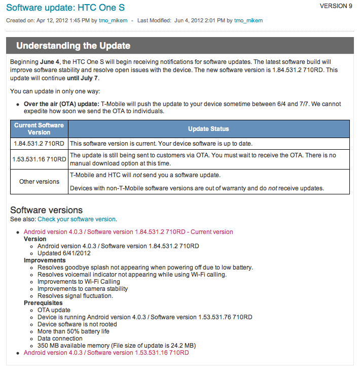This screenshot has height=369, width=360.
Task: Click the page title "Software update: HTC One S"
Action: tap(65, 8)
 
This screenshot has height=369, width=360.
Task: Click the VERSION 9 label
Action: tap(336, 6)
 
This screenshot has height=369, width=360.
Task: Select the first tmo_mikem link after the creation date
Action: tap(117, 21)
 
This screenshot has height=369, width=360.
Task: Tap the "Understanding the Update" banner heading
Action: tap(74, 46)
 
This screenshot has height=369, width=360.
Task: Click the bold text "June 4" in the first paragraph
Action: tap(50, 61)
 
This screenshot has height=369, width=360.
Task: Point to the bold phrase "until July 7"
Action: tap(83, 78)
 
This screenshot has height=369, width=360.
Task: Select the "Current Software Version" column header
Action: tap(39, 128)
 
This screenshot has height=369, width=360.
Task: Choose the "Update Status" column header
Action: tap(208, 129)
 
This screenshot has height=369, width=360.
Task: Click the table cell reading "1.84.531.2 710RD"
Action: tap(39, 144)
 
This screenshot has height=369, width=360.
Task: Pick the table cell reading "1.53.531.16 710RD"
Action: tap(39, 159)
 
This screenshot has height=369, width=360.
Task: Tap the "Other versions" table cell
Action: tap(39, 181)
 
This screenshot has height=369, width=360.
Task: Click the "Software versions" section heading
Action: tap(46, 210)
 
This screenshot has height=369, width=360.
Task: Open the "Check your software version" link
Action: tap(77, 219)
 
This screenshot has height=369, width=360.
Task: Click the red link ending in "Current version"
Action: tap(128, 232)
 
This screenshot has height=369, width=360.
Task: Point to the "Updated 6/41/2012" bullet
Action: tap(64, 253)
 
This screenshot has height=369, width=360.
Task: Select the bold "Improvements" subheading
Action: tap(45, 260)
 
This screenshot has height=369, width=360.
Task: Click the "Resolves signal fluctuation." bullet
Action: tap(75, 296)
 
